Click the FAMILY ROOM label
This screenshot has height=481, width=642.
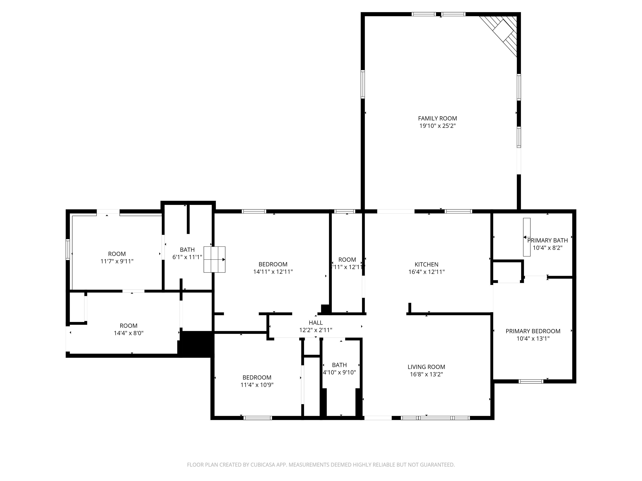click(x=437, y=118)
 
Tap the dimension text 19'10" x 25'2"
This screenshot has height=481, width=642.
click(x=437, y=126)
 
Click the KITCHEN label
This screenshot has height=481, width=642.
click(x=426, y=265)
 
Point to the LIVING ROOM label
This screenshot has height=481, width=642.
click(x=426, y=367)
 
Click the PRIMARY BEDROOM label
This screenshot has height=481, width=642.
click(x=533, y=331)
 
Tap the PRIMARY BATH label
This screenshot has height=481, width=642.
click(x=547, y=240)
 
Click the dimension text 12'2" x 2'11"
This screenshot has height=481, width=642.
click(x=316, y=330)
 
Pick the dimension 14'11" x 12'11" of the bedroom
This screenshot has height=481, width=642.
click(x=273, y=272)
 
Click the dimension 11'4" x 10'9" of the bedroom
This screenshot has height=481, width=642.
click(x=257, y=385)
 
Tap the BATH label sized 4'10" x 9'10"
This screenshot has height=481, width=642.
click(x=339, y=365)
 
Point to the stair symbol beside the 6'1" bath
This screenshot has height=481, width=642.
click(x=214, y=259)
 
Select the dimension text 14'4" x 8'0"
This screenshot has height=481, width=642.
click(x=128, y=333)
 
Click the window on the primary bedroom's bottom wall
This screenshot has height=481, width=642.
click(x=531, y=381)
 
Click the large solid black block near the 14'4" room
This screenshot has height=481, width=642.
click(x=196, y=344)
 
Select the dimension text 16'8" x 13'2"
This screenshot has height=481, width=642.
click(x=426, y=374)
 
